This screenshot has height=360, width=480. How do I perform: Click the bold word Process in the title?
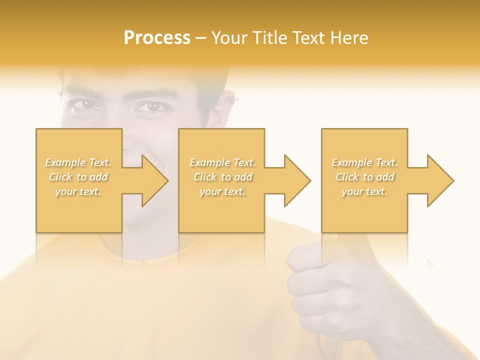[x=157, y=38]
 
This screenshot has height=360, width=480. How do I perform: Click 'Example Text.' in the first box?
[x=78, y=162]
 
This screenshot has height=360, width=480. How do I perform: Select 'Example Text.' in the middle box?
[x=222, y=162]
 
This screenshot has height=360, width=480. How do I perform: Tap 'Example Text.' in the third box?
[x=364, y=162]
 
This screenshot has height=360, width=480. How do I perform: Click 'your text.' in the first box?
[x=78, y=191]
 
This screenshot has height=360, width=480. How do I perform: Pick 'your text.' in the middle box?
[x=222, y=191]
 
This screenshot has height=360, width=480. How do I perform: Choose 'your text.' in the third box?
[x=364, y=191]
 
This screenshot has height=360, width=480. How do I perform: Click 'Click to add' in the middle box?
[x=222, y=177]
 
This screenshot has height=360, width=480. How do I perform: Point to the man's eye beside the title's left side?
[x=85, y=106]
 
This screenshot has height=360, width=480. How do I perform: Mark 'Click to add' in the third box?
[x=364, y=177]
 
